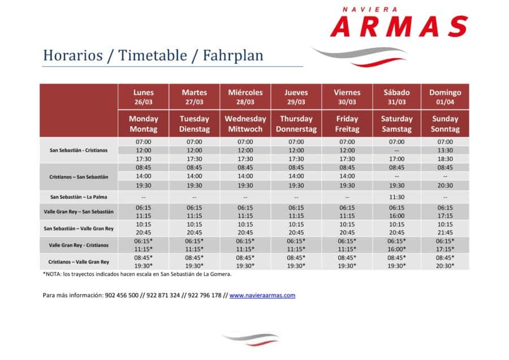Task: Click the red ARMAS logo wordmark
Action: coord(399,26)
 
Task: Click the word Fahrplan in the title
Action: coord(233,55)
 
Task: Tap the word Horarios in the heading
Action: coord(73,55)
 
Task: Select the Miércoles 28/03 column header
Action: coord(245,97)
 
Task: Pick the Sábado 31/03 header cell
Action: coord(396,97)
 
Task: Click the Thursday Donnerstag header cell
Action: coord(296,124)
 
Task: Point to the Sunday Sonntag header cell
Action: coord(445,124)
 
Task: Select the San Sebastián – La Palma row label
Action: coord(79,197)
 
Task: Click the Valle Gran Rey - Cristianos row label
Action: coord(79,245)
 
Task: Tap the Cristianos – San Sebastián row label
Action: coord(79,177)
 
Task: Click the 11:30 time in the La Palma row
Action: coord(396,197)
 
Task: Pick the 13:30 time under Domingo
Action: coord(445,151)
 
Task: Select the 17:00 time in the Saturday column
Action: coord(396,159)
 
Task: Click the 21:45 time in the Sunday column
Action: coord(445,233)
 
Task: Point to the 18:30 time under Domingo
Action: coord(445,159)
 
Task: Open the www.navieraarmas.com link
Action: coord(262,295)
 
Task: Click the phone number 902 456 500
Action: coord(122,295)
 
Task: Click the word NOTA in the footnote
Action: coord(53,274)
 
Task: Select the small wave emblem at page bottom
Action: coord(251,339)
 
